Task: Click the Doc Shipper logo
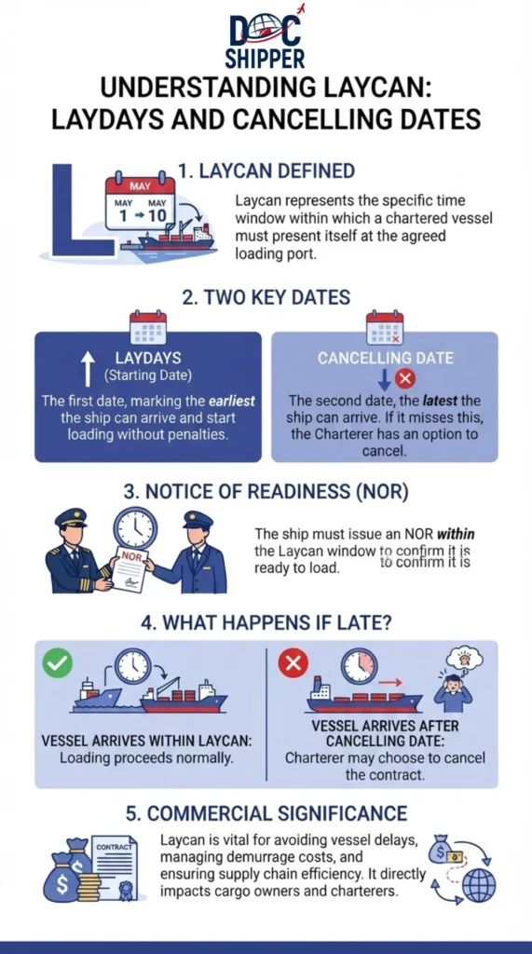click(x=266, y=36)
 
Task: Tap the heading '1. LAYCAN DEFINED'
click(x=266, y=171)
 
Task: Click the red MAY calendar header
click(x=140, y=185)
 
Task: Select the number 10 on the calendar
click(x=157, y=215)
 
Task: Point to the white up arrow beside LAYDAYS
click(x=89, y=368)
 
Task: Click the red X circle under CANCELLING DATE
click(x=404, y=379)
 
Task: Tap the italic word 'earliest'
click(x=231, y=402)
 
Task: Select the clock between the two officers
click(x=135, y=528)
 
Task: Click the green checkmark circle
click(x=57, y=662)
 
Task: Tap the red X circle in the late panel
click(x=293, y=662)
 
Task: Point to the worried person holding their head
click(x=453, y=692)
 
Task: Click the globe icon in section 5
click(x=479, y=885)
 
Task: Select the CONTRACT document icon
click(x=116, y=868)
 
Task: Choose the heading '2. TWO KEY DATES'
click(x=266, y=297)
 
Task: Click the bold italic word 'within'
click(x=456, y=534)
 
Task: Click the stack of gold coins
click(x=89, y=887)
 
